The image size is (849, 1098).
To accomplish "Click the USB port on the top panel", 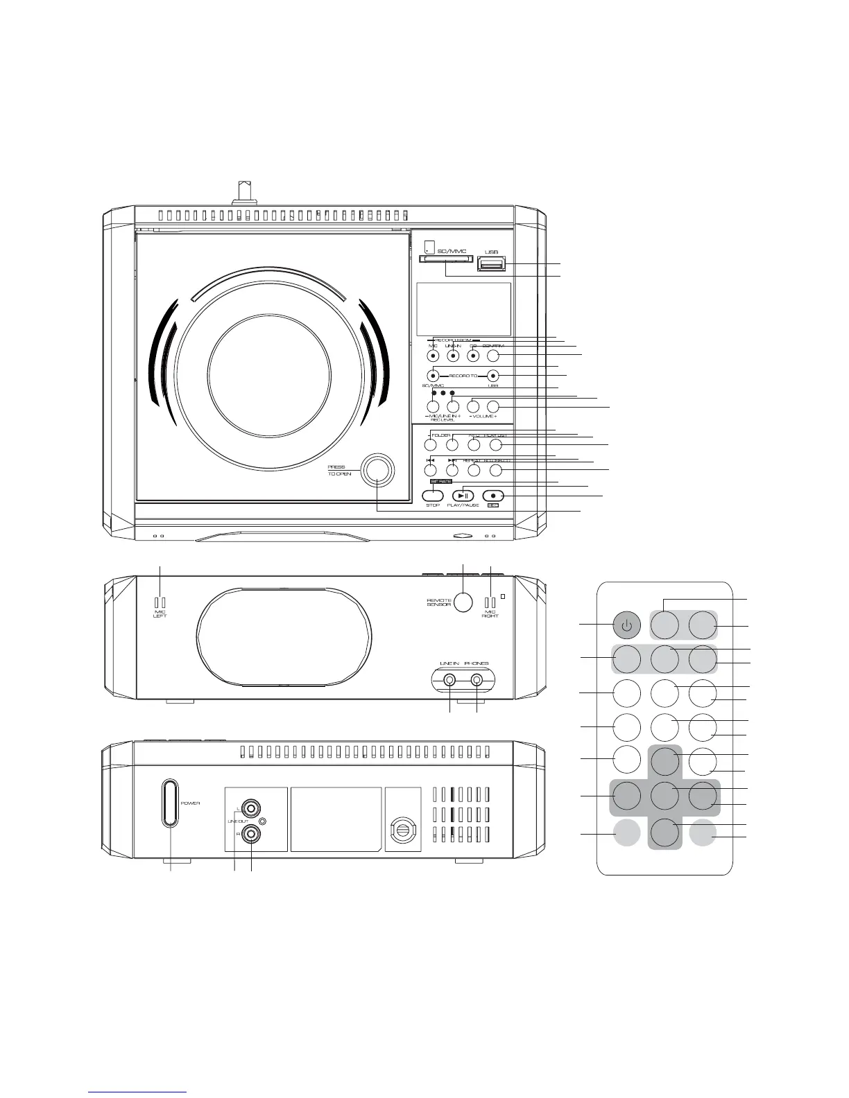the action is pyautogui.click(x=491, y=264).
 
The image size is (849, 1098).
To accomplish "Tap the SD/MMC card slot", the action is pyautogui.click(x=446, y=260).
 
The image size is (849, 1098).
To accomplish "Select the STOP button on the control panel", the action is pyautogui.click(x=433, y=495).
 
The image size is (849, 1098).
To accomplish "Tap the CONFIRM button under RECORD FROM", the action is pyautogui.click(x=494, y=356).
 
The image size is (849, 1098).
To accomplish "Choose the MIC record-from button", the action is pyautogui.click(x=433, y=356).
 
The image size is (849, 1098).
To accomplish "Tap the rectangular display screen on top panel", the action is pyautogui.click(x=463, y=309).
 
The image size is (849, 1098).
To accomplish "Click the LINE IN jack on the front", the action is pyautogui.click(x=450, y=681).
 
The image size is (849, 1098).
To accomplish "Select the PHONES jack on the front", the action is pyautogui.click(x=477, y=681).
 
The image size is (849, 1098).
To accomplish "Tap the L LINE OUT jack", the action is pyautogui.click(x=250, y=808).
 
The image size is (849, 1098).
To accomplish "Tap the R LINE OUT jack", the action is pyautogui.click(x=250, y=834).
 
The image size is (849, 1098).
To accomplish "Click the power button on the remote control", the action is pyautogui.click(x=626, y=626).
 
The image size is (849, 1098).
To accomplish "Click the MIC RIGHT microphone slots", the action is pyautogui.click(x=490, y=602).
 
